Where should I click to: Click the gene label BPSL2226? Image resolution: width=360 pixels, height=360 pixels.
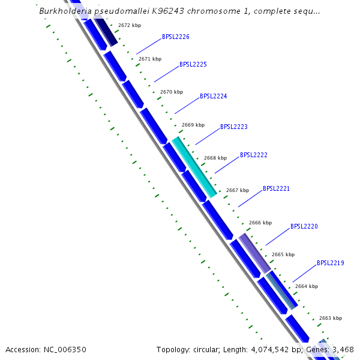(x=176, y=37)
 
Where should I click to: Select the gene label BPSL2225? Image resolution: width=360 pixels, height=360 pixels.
(x=193, y=64)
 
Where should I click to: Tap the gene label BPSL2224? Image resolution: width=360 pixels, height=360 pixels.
(x=214, y=96)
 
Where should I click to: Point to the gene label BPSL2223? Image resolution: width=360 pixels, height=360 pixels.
(x=234, y=127)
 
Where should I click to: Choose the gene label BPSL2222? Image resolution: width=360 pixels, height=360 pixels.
(x=254, y=155)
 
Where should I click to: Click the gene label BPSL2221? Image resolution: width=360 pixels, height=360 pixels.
(x=276, y=188)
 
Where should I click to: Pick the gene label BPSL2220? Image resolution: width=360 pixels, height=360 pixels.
(x=304, y=226)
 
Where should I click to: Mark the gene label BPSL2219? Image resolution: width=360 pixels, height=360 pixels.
(x=331, y=263)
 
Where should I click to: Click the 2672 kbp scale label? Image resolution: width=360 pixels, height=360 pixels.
(x=130, y=26)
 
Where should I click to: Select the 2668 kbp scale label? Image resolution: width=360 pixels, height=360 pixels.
(x=215, y=158)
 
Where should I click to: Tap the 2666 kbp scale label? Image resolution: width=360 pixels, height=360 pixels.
(x=260, y=223)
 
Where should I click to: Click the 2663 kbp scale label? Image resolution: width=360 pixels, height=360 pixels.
(x=331, y=318)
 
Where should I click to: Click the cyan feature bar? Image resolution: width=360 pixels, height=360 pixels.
(x=194, y=167)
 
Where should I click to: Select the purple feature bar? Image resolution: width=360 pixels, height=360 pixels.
(x=254, y=253)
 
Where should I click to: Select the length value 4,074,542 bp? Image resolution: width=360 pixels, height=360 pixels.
(x=280, y=349)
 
